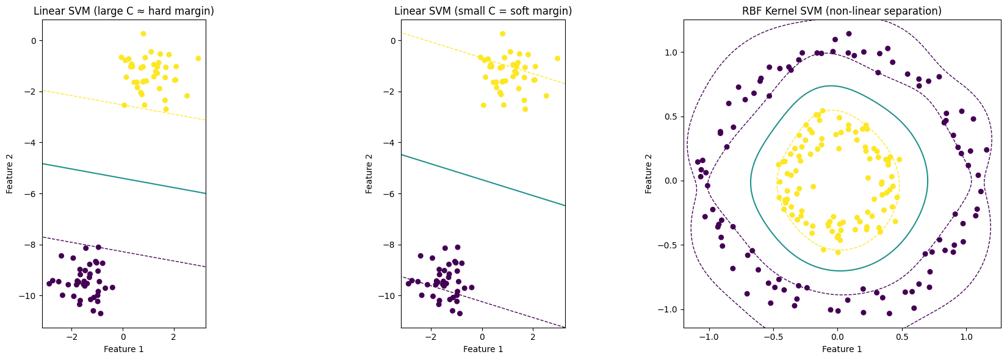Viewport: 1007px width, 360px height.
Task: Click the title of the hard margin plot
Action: click(x=123, y=11)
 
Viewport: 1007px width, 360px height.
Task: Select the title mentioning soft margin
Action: click(x=483, y=11)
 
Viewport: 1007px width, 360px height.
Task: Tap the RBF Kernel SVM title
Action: click(x=842, y=11)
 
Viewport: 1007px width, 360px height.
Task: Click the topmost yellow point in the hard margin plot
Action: click(x=143, y=34)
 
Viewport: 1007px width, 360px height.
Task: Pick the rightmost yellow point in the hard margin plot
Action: click(x=198, y=59)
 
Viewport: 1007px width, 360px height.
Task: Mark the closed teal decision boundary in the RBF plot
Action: click(x=928, y=181)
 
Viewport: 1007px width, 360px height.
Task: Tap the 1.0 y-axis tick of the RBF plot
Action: click(x=671, y=52)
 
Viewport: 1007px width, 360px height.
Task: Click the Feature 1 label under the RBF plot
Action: click(x=842, y=349)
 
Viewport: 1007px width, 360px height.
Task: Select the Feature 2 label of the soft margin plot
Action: click(x=370, y=173)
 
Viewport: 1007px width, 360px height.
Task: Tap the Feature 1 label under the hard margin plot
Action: click(x=123, y=349)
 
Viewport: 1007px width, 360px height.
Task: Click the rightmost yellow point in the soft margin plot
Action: click(x=557, y=59)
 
